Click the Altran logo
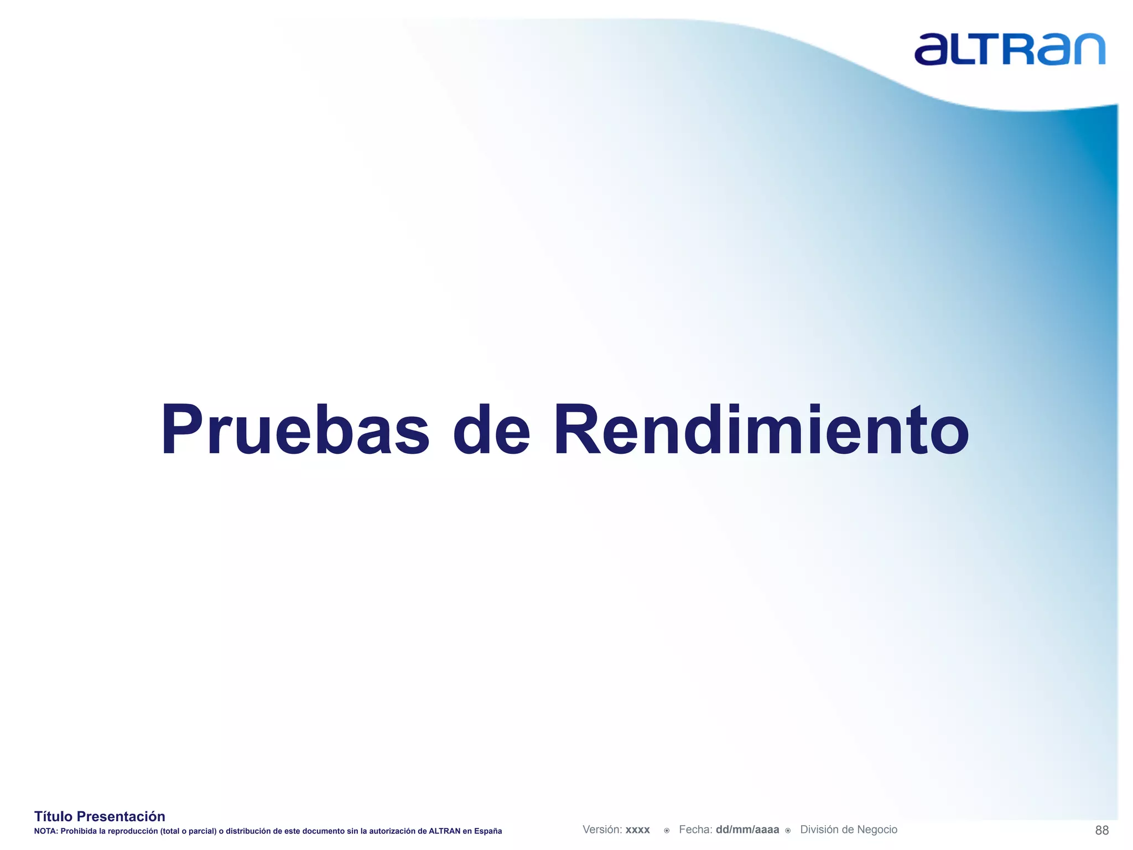click(x=1010, y=49)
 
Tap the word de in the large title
click(x=491, y=430)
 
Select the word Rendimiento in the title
click(x=761, y=430)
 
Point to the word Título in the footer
click(x=54, y=816)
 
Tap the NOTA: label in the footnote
click(x=46, y=831)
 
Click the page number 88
click(x=1101, y=830)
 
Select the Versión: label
click(x=602, y=830)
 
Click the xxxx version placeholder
click(x=638, y=830)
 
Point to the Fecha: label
click(x=695, y=830)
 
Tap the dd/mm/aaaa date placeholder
click(x=747, y=830)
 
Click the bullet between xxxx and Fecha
click(x=667, y=831)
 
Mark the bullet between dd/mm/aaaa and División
click(x=788, y=831)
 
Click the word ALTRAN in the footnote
click(x=445, y=831)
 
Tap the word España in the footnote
click(x=488, y=831)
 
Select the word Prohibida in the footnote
click(x=77, y=831)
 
